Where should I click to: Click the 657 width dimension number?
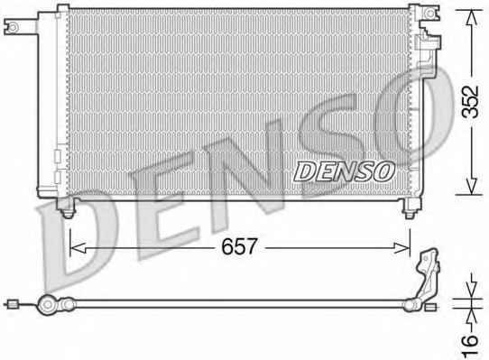coord(239,246)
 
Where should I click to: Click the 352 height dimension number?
coord(470,101)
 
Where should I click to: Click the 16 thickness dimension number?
coord(470,346)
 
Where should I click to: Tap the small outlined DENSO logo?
coord(344,171)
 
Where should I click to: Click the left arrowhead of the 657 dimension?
coord(78,248)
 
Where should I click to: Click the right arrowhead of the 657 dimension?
coord(402,248)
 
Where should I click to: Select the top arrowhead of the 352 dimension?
coord(472,18)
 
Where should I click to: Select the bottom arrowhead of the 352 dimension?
coord(472,187)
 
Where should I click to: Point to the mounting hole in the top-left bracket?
coord(14,27)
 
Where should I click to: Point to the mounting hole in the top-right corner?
coord(430,14)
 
